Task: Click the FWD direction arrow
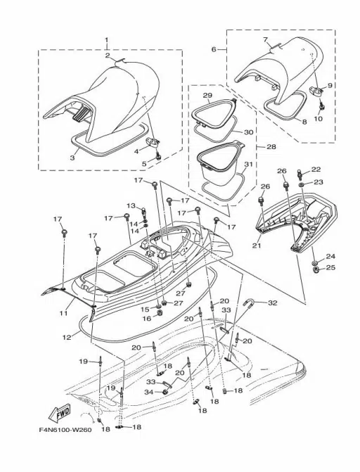[x=59, y=412]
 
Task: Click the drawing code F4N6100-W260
[x=65, y=430]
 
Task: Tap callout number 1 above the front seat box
[x=107, y=39]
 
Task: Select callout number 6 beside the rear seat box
[x=214, y=49]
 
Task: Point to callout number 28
[x=271, y=146]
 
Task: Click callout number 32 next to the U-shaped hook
[x=272, y=303]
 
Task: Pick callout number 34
[x=149, y=392]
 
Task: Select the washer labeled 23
[x=302, y=184]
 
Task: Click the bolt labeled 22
[x=300, y=174]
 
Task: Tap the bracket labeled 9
[x=316, y=91]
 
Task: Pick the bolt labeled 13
[x=144, y=211]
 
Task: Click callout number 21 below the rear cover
[x=257, y=245]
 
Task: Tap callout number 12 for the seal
[x=67, y=337]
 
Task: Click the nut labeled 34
[x=165, y=392]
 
